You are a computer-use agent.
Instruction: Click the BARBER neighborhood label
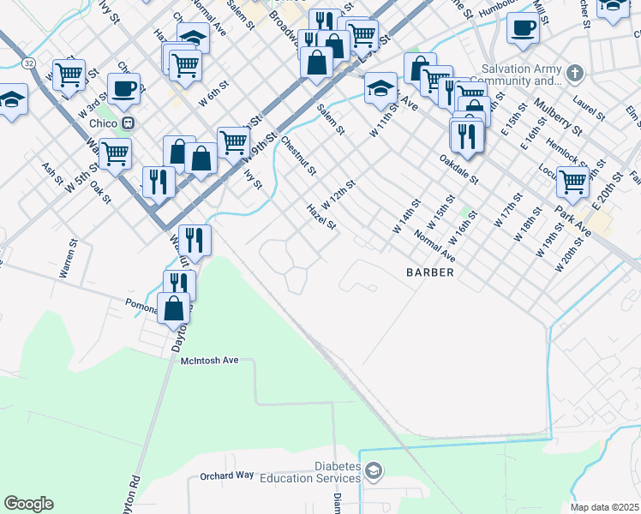click(428, 272)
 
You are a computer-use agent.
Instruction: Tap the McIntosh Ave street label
click(209, 361)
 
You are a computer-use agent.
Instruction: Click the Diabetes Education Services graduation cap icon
click(374, 469)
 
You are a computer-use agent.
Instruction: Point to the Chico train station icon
click(129, 123)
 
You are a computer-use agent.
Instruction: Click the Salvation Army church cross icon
click(575, 73)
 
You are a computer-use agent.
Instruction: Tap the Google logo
click(28, 504)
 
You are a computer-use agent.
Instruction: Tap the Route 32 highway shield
click(28, 63)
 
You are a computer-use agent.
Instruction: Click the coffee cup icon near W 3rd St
click(125, 88)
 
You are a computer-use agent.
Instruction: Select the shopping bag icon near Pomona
click(174, 308)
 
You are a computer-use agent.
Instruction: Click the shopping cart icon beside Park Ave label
click(572, 182)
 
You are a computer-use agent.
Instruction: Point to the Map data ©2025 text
click(604, 506)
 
